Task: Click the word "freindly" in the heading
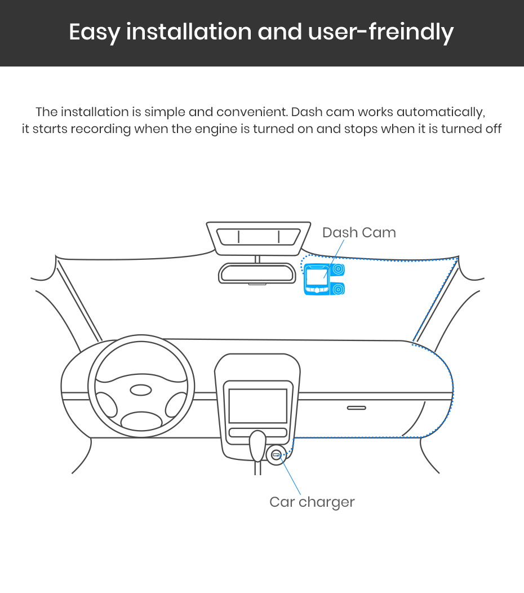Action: [x=411, y=32]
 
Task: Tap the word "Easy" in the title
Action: [x=95, y=33]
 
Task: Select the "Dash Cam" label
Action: [x=359, y=232]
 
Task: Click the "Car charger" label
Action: [x=312, y=502]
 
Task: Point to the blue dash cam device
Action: [x=325, y=279]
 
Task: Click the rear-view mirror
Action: [x=257, y=273]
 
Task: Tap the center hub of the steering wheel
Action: [x=141, y=390]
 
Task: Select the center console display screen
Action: [x=258, y=406]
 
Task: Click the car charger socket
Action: [x=276, y=455]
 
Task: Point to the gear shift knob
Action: [x=258, y=445]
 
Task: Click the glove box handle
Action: [x=357, y=408]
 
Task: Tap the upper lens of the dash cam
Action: [x=339, y=269]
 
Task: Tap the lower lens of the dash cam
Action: [x=339, y=289]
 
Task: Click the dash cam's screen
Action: [x=317, y=277]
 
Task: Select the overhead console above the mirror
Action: [x=259, y=238]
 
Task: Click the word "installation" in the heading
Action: [x=189, y=32]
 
